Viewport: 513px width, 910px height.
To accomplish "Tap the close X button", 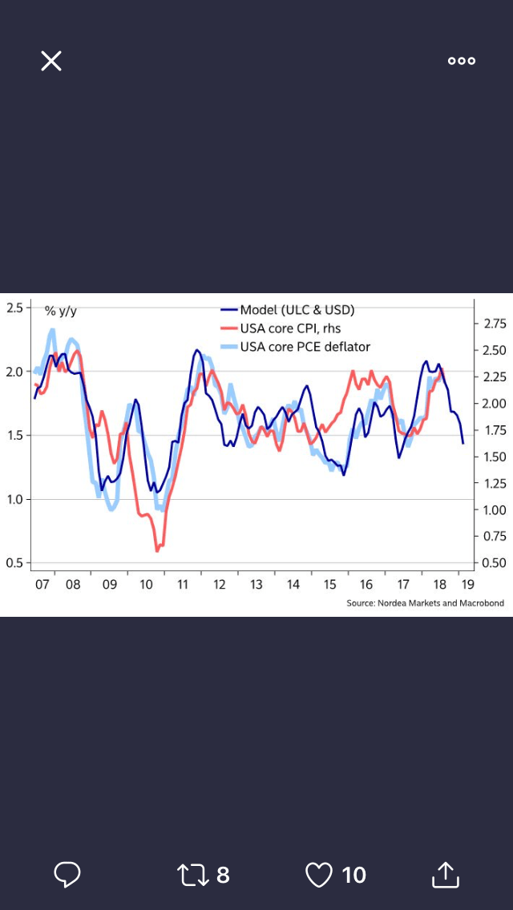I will [x=51, y=61].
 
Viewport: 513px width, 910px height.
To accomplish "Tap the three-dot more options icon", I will [x=462, y=61].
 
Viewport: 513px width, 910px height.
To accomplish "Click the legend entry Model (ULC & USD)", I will [x=297, y=310].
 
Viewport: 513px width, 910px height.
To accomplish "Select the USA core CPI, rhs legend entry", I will [x=290, y=328].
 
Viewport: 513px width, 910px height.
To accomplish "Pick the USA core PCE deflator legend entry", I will [x=305, y=347].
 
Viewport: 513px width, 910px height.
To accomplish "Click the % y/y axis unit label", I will [x=61, y=311].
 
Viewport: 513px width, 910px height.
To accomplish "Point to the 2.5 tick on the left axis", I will [x=14, y=308].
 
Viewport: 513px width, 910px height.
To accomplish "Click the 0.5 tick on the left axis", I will [x=14, y=563].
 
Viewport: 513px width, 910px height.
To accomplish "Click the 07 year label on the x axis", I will [x=42, y=585].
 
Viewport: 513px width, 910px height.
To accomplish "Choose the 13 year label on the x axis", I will [x=256, y=585].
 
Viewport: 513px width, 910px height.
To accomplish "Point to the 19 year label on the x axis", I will [x=467, y=585].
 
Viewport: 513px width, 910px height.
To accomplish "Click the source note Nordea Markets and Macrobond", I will [x=425, y=603].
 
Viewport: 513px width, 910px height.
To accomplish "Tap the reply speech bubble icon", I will [x=67, y=875].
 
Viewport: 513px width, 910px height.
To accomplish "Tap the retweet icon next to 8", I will [x=192, y=875].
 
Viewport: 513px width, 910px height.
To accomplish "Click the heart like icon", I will [x=319, y=875].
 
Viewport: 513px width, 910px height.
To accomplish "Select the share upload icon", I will [x=445, y=875].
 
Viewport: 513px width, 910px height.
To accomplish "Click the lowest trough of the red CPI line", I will [x=157, y=550].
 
